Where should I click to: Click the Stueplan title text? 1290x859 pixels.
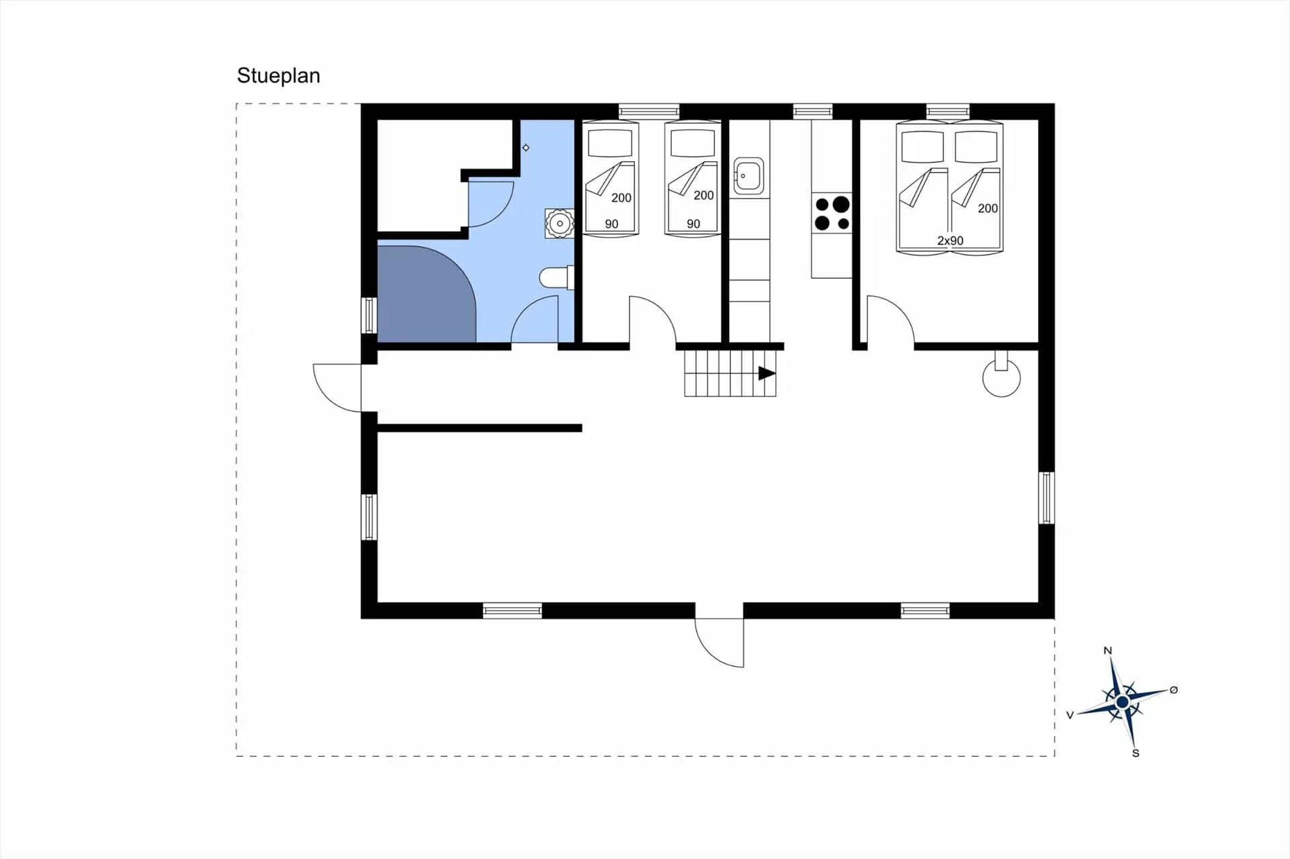(x=278, y=76)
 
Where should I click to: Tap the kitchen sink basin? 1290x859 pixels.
(x=748, y=175)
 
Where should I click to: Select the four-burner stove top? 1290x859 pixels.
(x=832, y=213)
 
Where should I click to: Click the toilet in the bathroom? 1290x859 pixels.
(x=557, y=277)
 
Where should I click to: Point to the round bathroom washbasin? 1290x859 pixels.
(x=559, y=223)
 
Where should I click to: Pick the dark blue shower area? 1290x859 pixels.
(x=427, y=294)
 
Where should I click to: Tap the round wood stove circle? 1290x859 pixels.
(x=1001, y=378)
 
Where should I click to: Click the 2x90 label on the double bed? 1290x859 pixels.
(x=950, y=240)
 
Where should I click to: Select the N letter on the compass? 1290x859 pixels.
(x=1108, y=650)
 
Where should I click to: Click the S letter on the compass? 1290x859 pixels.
(x=1135, y=753)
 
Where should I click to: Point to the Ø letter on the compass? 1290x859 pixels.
(x=1174, y=690)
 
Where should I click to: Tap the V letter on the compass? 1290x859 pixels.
(x=1070, y=715)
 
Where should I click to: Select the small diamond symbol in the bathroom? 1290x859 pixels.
(x=525, y=148)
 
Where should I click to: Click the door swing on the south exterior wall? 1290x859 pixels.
(x=720, y=643)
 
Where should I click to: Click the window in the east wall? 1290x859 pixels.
(x=1046, y=498)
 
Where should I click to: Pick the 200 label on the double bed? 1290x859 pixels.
(x=988, y=208)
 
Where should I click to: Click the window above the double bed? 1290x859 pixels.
(x=948, y=111)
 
